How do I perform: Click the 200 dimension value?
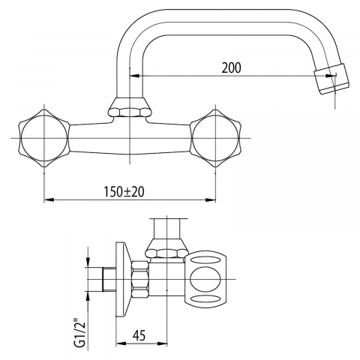click(x=232, y=67)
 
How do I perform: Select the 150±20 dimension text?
click(x=124, y=192)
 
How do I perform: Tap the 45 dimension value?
click(x=139, y=335)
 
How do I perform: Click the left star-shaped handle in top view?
click(x=44, y=138)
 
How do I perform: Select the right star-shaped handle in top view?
click(x=215, y=138)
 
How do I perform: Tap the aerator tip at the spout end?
click(x=331, y=79)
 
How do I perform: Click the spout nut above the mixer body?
click(x=130, y=108)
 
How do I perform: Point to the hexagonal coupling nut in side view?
click(x=140, y=279)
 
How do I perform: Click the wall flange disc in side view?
click(x=124, y=279)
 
